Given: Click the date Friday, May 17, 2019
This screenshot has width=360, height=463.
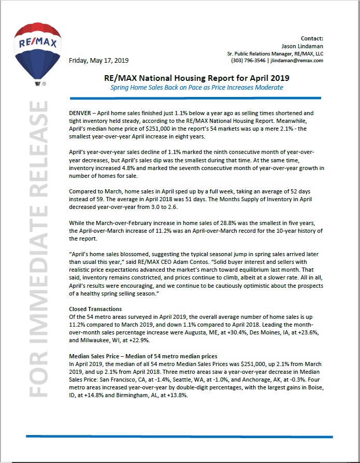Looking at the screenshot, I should click(98, 60).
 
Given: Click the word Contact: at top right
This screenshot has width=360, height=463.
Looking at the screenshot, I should click(312, 38).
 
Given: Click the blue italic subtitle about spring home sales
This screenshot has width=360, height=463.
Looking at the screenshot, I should click(196, 87).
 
